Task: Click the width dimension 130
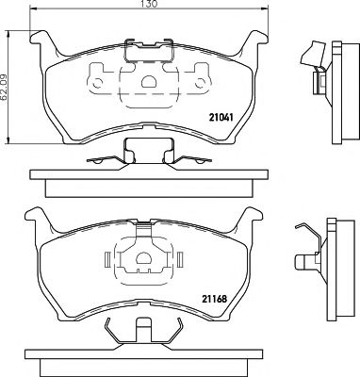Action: click(145, 6)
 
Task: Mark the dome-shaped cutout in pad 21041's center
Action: click(145, 81)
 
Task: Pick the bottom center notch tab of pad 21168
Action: click(145, 330)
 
